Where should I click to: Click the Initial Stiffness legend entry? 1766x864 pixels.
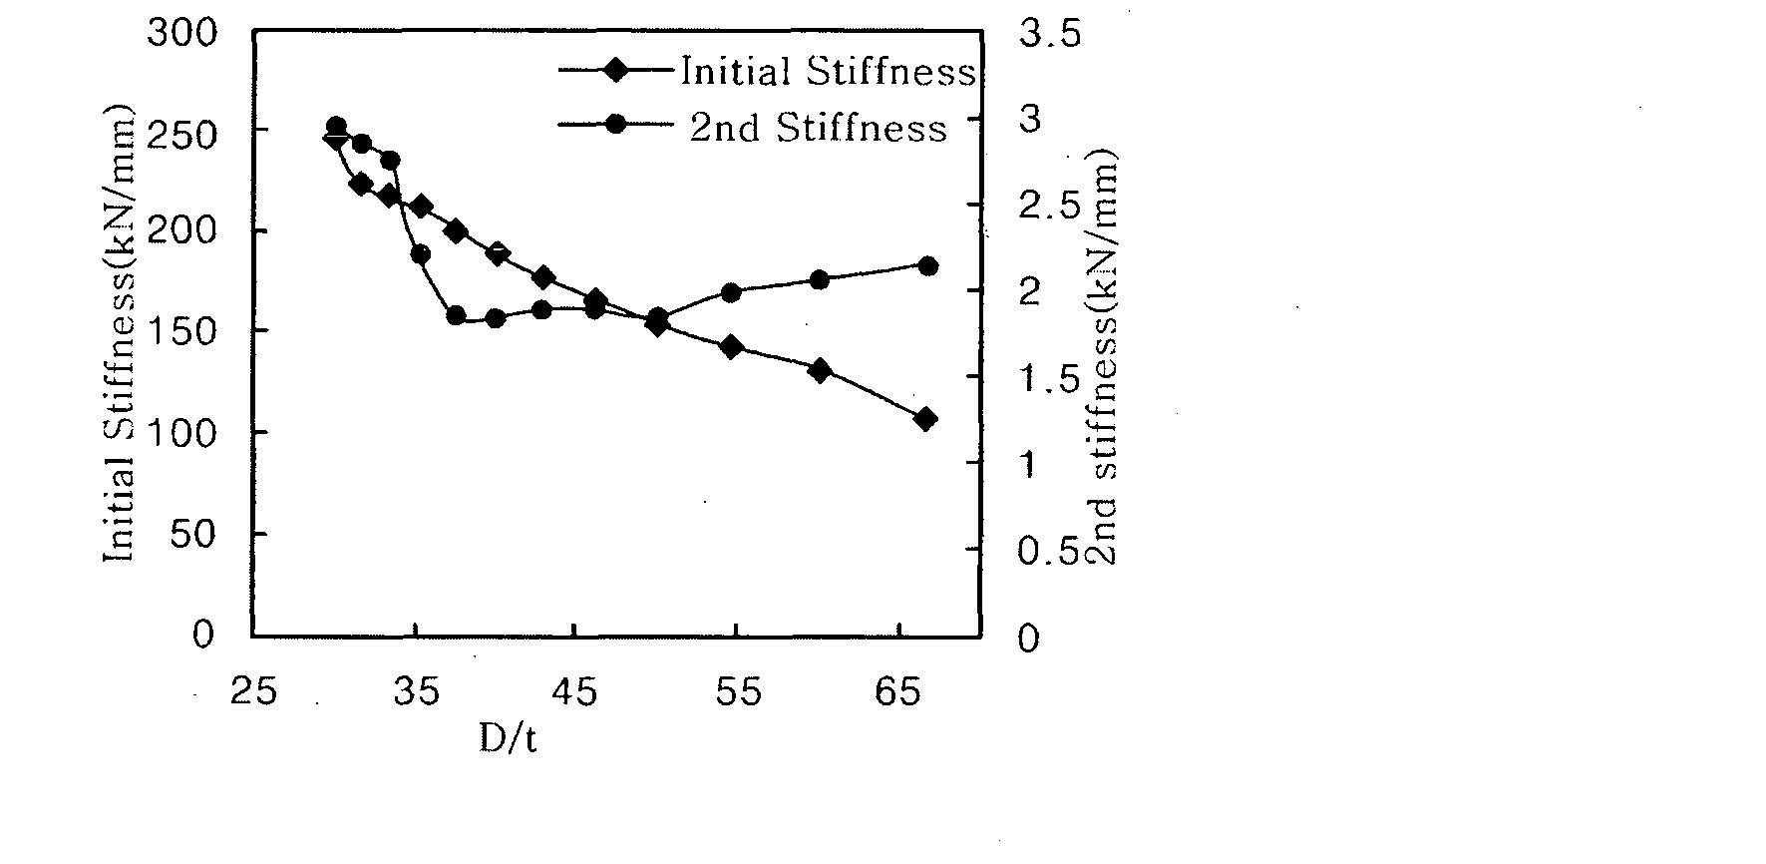767,71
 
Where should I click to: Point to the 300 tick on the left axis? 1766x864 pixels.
181,33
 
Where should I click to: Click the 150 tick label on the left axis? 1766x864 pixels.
181,332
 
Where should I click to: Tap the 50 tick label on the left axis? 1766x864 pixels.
193,534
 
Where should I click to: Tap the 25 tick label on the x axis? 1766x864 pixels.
253,691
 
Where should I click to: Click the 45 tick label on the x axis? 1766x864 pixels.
576,691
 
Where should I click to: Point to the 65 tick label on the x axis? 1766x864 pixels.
899,691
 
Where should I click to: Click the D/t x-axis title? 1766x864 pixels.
508,737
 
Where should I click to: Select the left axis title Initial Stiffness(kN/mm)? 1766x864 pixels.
120,332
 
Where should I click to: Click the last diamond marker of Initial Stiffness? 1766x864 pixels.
924,419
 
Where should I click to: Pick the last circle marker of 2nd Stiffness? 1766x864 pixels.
926,265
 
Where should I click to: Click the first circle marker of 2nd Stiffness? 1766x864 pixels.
336,127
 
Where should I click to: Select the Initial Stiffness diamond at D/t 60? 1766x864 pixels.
820,370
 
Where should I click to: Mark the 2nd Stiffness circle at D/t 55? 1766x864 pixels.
731,292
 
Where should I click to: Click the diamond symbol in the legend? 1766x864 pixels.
616,70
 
